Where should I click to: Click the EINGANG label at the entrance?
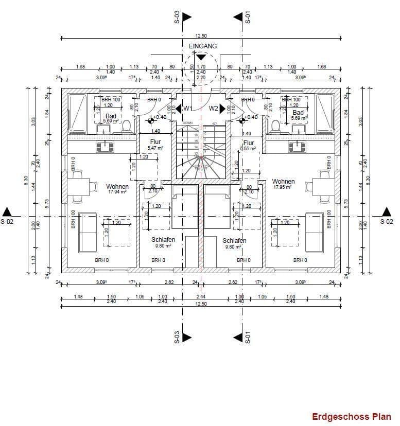pyautogui.click(x=203, y=46)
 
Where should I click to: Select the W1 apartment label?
pyautogui.click(x=187, y=109)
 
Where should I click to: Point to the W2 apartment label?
pyautogui.click(x=214, y=109)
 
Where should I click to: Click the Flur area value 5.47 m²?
pyautogui.click(x=156, y=148)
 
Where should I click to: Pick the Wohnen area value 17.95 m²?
pyautogui.click(x=283, y=188)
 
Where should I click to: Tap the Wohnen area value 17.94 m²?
pyautogui.click(x=117, y=192)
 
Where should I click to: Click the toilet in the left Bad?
pyautogui.click(x=126, y=126)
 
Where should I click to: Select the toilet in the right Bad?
pyautogui.click(x=275, y=126)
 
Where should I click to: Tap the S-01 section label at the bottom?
pyautogui.click(x=247, y=337)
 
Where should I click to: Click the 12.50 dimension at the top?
pyautogui.click(x=201, y=35)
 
